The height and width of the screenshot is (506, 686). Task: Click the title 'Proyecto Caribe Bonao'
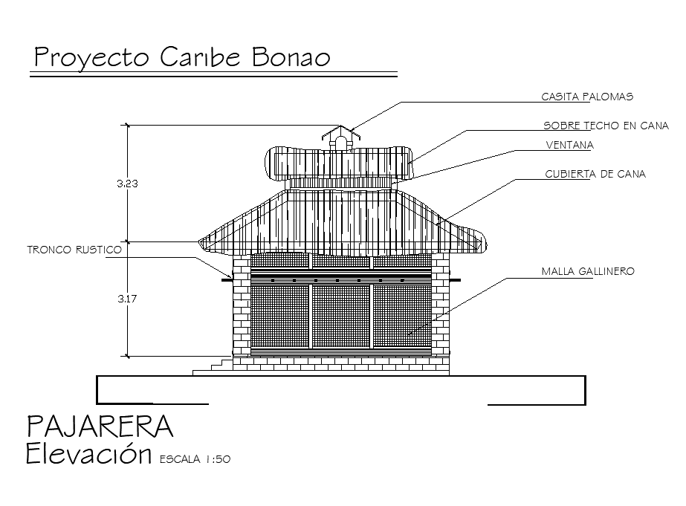coord(181,58)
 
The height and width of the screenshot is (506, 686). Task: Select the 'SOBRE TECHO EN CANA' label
coord(606,126)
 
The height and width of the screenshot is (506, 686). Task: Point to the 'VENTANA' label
coord(569,145)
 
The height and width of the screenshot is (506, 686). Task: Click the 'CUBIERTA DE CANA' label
coord(595,174)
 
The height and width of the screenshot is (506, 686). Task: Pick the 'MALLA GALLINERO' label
coord(588,272)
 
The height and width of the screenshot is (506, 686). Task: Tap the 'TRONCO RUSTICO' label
coord(74,250)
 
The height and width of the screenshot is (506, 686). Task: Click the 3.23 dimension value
coord(127,183)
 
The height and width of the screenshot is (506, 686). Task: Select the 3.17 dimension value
coord(127,299)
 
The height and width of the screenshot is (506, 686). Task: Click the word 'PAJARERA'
coord(100,427)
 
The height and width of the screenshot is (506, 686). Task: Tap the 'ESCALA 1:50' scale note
coord(195,460)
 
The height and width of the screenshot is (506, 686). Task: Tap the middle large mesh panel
coord(340,315)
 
